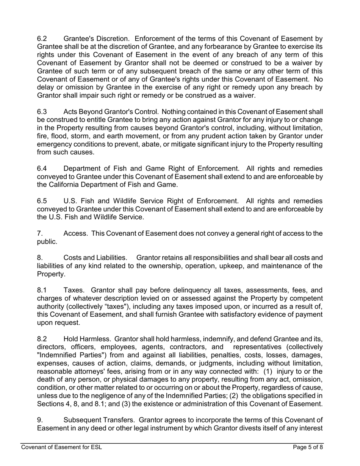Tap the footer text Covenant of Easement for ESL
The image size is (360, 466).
[x=61, y=447]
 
